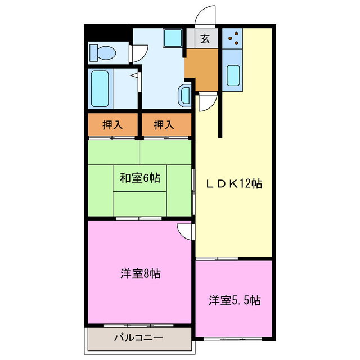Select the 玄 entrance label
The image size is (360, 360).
[205, 39]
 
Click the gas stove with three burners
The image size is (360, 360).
[233, 39]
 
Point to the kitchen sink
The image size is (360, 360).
[232, 74]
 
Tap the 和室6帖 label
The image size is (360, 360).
[139, 178]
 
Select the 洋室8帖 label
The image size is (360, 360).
[139, 274]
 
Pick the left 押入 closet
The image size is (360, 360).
[112, 125]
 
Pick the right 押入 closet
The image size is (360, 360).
[164, 125]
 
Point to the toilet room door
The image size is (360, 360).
[138, 53]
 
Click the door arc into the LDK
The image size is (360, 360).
[206, 102]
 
